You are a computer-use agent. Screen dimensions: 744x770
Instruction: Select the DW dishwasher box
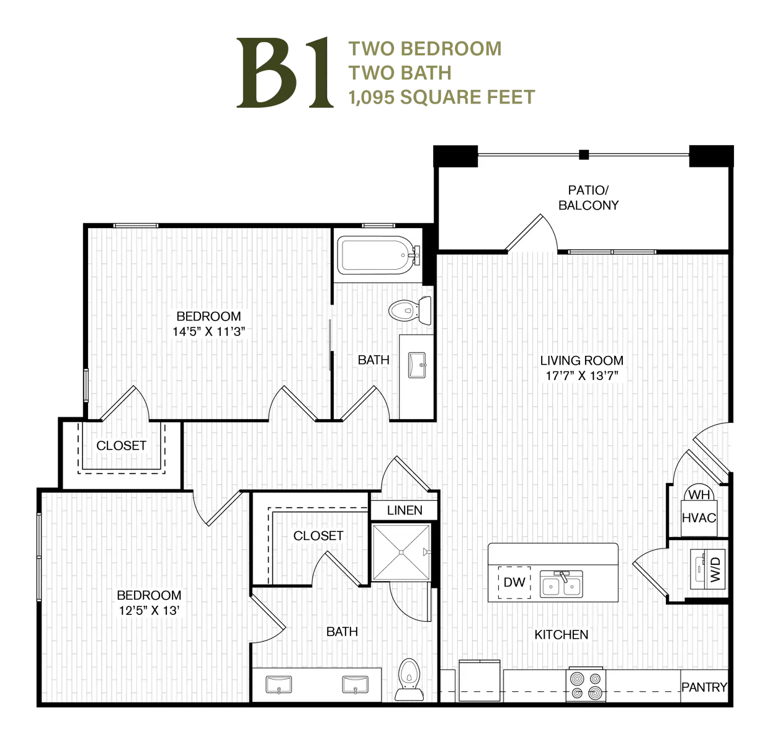coord(514,582)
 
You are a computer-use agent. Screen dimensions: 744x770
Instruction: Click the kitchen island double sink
coord(562,584)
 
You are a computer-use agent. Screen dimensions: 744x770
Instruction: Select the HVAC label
coord(699,518)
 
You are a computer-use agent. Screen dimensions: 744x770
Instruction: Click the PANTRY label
coord(704,687)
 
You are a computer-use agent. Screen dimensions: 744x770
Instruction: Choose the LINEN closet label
coord(405,510)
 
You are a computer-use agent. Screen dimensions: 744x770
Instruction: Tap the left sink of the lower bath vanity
coord(279,684)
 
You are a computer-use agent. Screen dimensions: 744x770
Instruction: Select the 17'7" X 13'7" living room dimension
coord(581,376)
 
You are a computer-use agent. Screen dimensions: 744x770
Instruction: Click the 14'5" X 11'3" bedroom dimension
coord(209,331)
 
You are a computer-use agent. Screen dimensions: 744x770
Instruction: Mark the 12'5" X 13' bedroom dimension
coord(149,610)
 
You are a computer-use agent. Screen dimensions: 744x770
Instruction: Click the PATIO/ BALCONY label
coord(588,197)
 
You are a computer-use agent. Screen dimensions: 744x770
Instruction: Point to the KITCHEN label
coord(562,634)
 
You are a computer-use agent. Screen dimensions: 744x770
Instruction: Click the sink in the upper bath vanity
coord(417,366)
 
